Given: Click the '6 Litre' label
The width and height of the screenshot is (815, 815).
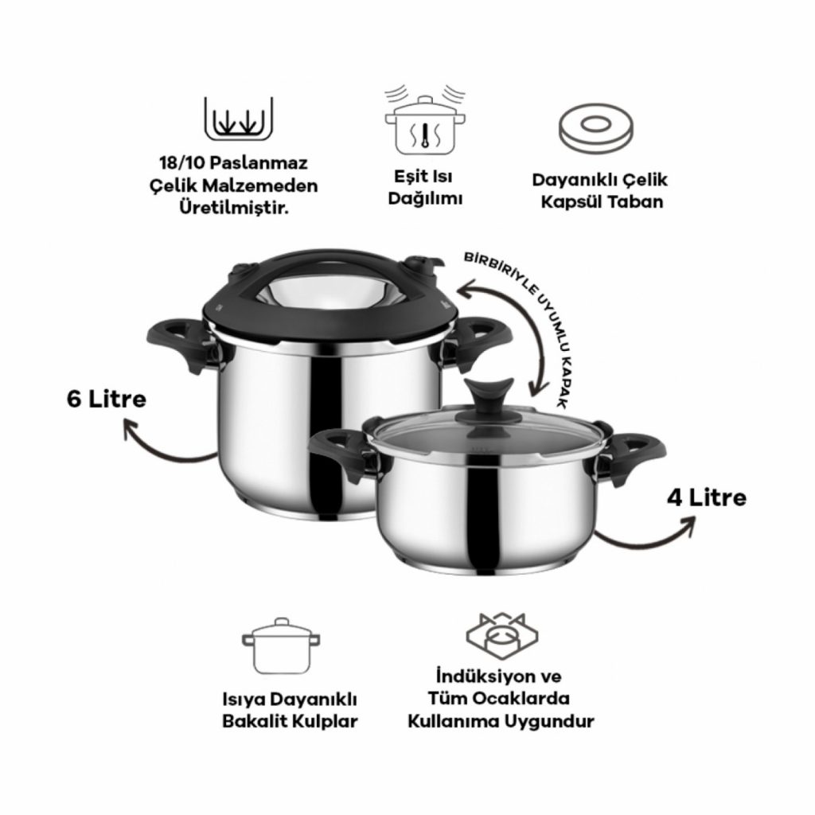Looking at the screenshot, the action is click(107, 400).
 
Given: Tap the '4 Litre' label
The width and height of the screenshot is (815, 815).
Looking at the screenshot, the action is click(707, 498).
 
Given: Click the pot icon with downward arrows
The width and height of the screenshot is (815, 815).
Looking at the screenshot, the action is click(239, 119).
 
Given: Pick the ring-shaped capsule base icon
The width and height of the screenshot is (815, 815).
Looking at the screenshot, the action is click(596, 129).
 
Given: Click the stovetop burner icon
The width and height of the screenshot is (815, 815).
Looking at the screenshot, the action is click(501, 639).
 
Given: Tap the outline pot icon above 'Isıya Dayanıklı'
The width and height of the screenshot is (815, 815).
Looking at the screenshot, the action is click(281, 646).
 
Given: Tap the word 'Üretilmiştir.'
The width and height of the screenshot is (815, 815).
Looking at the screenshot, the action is click(234, 209).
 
